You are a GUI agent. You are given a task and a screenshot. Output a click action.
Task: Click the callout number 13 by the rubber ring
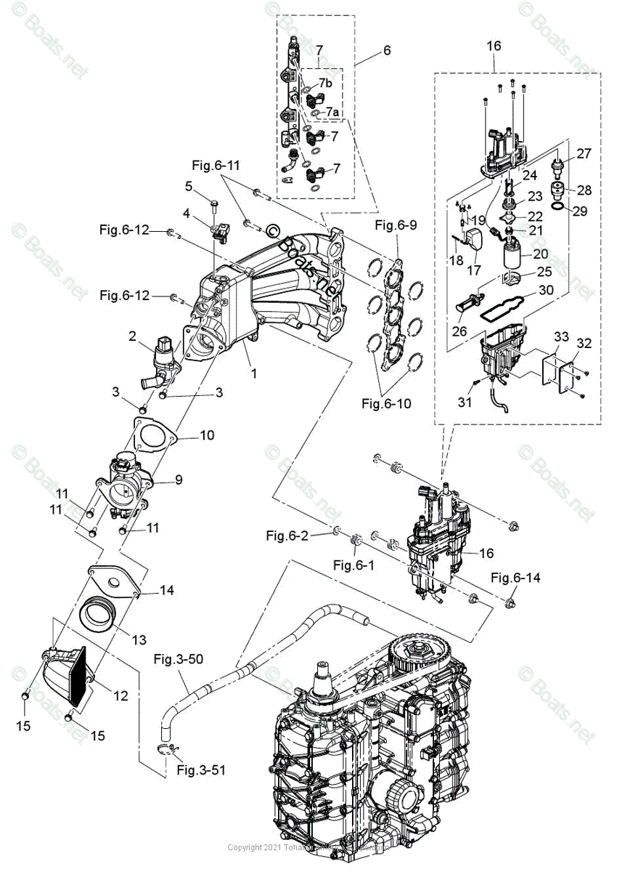pyautogui.click(x=139, y=639)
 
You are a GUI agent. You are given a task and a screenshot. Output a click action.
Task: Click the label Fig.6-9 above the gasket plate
pyautogui.click(x=396, y=225)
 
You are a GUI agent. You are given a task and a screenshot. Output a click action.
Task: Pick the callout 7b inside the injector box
pyautogui.click(x=326, y=84)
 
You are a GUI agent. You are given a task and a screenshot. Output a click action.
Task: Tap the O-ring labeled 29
pyautogui.click(x=558, y=209)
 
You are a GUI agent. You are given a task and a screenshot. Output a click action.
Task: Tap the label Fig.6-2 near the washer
pyautogui.click(x=288, y=536)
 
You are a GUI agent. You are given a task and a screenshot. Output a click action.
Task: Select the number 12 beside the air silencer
pyautogui.click(x=120, y=695)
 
